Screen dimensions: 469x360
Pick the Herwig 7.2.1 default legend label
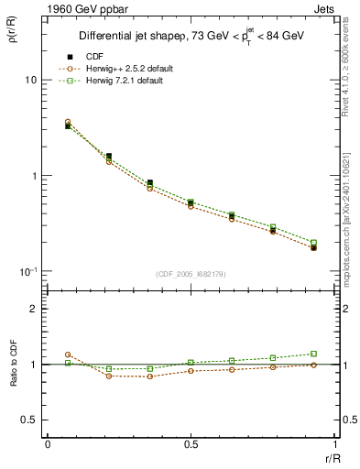[125, 82]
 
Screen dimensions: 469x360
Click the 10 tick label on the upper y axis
[30, 81]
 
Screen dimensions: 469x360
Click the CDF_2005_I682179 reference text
[191, 275]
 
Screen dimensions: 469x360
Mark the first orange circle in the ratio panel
[68, 354]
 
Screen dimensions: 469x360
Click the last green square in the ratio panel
[313, 354]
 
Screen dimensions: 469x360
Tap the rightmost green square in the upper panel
[313, 243]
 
